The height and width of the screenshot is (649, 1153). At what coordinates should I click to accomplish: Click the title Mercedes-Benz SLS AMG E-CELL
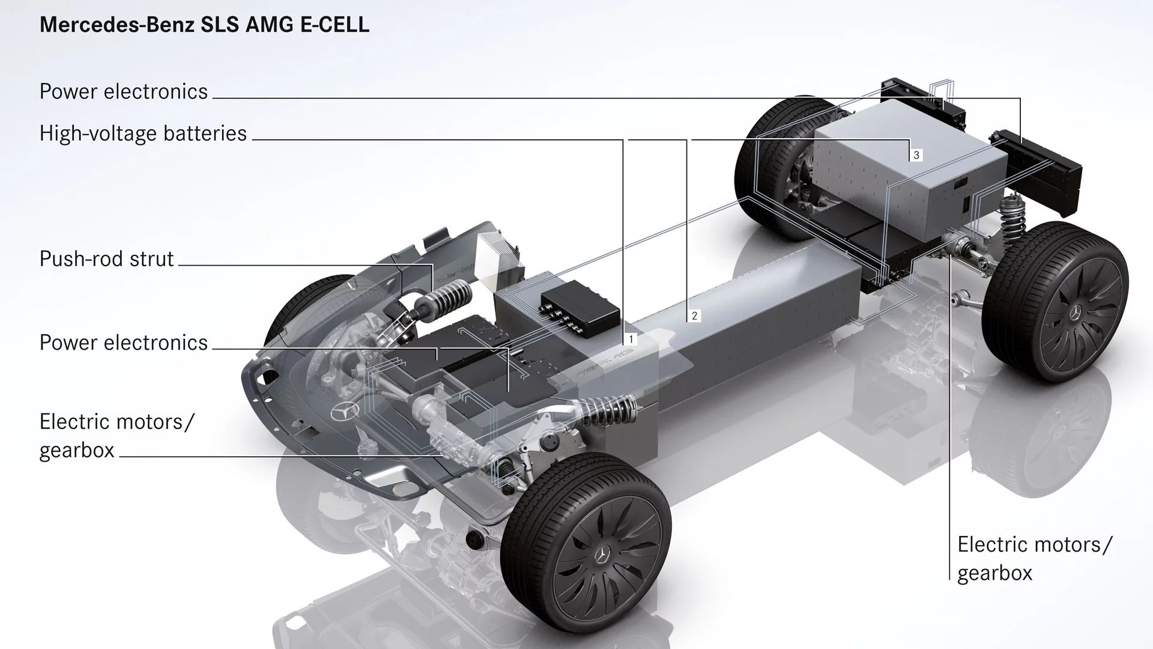pos(204,25)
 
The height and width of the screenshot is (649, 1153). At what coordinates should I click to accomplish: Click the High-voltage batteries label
pos(143,133)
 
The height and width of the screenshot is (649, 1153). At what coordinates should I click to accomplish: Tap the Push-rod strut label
pos(106,259)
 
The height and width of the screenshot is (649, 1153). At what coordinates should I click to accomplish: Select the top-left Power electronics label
pos(124,91)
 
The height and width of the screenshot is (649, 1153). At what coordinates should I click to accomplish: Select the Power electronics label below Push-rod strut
pos(124,343)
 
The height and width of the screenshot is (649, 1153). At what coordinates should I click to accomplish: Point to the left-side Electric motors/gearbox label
pos(117,436)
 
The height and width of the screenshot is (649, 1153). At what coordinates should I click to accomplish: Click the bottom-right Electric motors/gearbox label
pos(1035,559)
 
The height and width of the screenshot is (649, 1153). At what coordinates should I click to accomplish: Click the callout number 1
pos(631,340)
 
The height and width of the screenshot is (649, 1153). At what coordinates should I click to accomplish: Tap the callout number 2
pos(695,315)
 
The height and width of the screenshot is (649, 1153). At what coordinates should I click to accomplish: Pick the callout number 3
pos(916,155)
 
